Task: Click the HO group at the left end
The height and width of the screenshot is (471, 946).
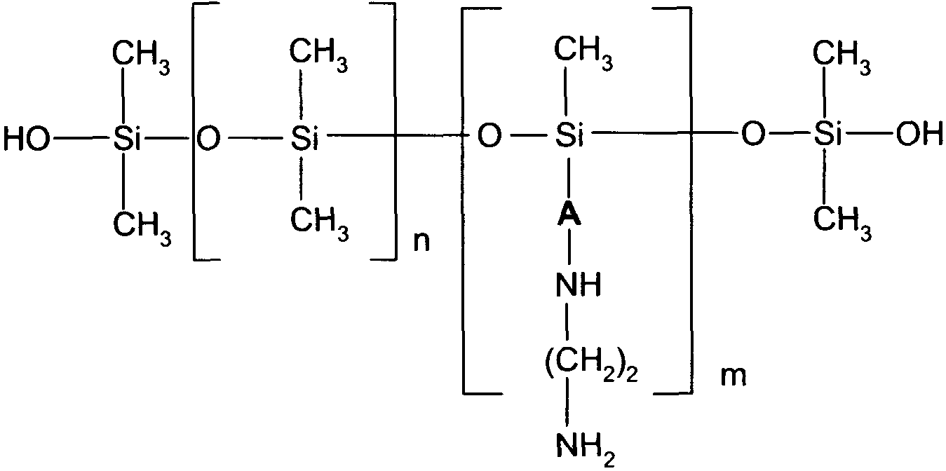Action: coord(26,139)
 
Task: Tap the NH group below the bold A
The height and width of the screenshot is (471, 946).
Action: coord(578,285)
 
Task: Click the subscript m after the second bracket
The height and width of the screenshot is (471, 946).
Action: coord(733,376)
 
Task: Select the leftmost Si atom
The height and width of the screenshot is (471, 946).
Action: coord(127,139)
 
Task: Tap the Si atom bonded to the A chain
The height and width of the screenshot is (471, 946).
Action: coord(569,135)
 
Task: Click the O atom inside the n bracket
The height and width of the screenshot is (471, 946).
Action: coord(209,139)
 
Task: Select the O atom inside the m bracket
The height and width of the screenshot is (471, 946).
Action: coord(489,136)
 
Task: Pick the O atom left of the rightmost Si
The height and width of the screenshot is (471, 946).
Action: coord(753,135)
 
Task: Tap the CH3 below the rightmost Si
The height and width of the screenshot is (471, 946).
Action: coord(842,224)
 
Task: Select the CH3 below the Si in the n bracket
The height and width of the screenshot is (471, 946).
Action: coord(320,224)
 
